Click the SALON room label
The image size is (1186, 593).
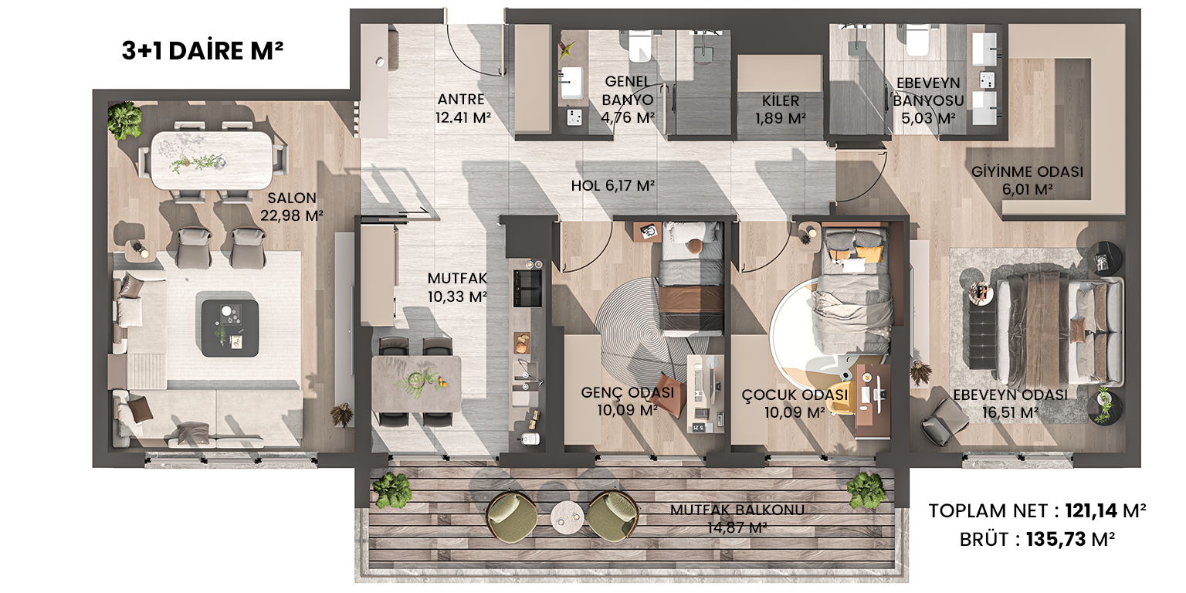pos(292,198)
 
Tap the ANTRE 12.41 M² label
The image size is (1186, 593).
pos(463,108)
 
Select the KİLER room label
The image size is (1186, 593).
pos(781,100)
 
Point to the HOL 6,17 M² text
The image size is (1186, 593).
pos(612,186)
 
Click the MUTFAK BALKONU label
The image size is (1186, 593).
pos(737,510)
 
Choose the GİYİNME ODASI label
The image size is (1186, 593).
pos(1027,171)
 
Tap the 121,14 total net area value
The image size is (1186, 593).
pos(1091,511)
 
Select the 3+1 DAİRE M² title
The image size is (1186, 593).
pos(202,51)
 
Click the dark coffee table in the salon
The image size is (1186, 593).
pos(230,328)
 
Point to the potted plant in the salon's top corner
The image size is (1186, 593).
pos(125,120)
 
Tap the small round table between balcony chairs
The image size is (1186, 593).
pos(568,517)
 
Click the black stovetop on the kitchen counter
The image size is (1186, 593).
pos(527,288)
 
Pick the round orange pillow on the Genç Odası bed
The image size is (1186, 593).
pos(694,246)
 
